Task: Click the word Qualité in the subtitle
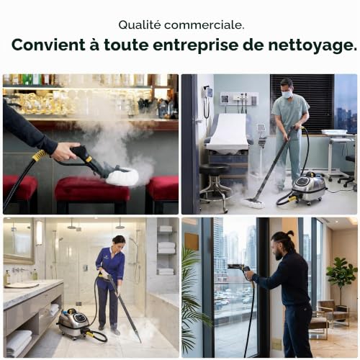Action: [140, 25]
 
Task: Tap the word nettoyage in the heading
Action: [312, 45]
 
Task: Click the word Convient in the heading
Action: [48, 45]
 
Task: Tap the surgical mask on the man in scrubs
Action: [287, 94]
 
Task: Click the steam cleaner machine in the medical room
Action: [308, 187]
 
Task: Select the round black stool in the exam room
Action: [215, 186]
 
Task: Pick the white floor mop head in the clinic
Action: [253, 203]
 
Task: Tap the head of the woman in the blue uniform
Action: [119, 243]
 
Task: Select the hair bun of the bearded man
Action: [291, 233]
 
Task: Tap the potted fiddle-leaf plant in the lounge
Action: [341, 283]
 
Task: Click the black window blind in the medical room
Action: [302, 103]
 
